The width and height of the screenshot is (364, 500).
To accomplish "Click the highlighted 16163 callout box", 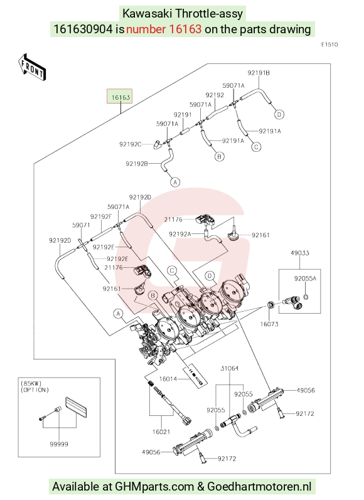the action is point(119,97).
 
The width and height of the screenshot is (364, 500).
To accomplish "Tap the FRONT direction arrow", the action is point(32,68).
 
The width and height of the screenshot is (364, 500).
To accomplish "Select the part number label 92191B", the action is point(259,73).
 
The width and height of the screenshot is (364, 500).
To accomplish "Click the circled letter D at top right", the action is point(279,114).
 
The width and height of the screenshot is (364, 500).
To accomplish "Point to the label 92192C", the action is point(130,144).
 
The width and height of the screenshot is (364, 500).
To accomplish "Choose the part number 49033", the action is point(300,253).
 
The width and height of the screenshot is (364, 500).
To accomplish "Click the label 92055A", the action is point(305,279).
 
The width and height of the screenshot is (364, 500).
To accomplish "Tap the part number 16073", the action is point(269,324).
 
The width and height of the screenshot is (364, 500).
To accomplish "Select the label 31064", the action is point(229,368).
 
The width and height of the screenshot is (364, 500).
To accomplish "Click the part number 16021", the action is point(161,432).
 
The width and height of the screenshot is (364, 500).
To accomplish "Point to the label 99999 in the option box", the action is point(59,444).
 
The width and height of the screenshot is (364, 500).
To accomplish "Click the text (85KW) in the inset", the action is point(31,383).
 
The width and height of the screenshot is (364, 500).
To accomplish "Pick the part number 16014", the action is point(168,379).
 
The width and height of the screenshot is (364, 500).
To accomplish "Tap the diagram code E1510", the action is point(329,45).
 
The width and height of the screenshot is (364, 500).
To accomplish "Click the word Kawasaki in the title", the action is point(147,14).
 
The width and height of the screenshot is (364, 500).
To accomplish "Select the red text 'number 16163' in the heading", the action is point(164,29).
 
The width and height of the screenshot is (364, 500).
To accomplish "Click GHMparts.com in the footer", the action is point(154,487).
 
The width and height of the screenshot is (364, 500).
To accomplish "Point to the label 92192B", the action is point(137,164).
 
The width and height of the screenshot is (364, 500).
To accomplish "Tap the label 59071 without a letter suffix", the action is point(81,225).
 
